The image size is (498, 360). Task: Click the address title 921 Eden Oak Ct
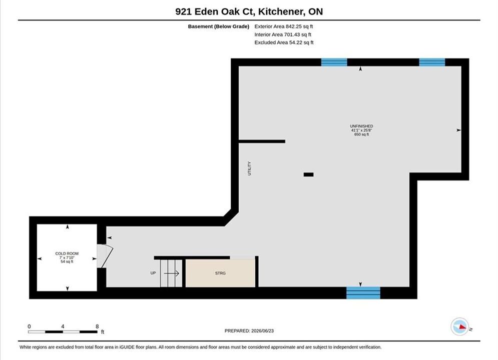click(x=215, y=11)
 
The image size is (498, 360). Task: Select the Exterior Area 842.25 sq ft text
click(x=284, y=26)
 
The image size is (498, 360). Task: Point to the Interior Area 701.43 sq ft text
click(x=283, y=34)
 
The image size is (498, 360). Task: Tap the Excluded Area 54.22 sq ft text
click(x=284, y=42)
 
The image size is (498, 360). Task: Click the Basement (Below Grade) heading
click(x=219, y=26)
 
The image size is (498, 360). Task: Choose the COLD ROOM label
click(x=67, y=253)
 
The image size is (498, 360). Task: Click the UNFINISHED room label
click(x=361, y=126)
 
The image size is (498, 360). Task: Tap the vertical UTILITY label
click(x=249, y=168)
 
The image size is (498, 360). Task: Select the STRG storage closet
click(x=220, y=273)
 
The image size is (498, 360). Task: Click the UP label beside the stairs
click(x=153, y=273)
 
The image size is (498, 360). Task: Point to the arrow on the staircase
click(x=172, y=273)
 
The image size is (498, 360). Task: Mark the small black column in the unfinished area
click(x=308, y=174)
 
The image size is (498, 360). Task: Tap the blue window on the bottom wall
click(x=363, y=293)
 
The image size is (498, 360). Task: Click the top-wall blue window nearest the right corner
click(x=432, y=62)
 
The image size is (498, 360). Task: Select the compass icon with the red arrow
click(x=459, y=326)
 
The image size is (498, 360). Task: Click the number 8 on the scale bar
click(x=97, y=326)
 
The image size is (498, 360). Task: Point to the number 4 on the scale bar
click(x=63, y=326)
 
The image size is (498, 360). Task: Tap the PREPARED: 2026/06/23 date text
click(x=249, y=330)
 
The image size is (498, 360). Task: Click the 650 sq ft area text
click(x=361, y=134)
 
